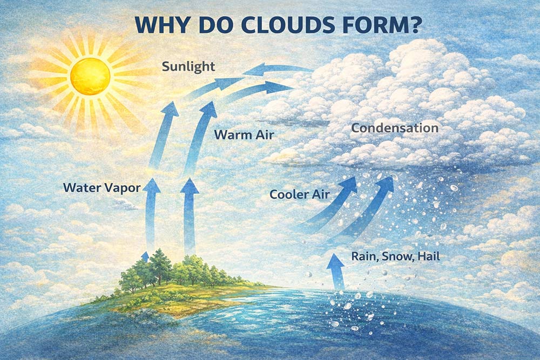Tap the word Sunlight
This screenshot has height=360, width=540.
(x=188, y=67)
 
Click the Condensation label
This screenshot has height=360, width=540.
(x=394, y=128)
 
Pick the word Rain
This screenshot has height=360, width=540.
(x=362, y=257)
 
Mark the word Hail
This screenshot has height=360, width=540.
(x=428, y=257)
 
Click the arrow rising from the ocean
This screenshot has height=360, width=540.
(x=336, y=270)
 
